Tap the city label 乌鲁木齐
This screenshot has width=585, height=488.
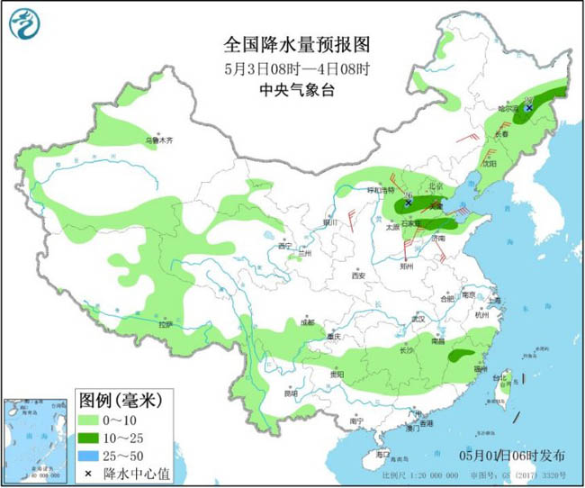(158, 140)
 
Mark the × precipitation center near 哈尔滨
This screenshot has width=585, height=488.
(529, 108)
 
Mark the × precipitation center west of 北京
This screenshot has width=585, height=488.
(408, 203)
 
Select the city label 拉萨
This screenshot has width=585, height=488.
(165, 323)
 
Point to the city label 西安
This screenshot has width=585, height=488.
(358, 275)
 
